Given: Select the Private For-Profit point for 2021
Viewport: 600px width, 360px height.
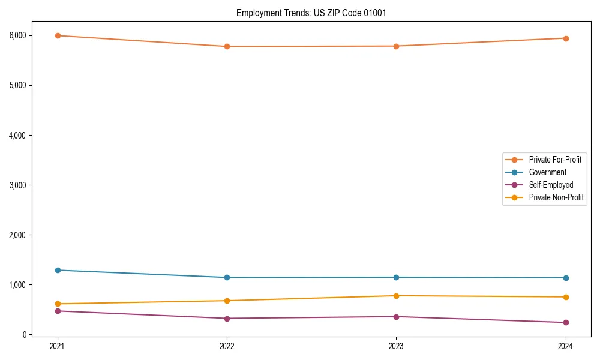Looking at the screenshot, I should click(58, 35).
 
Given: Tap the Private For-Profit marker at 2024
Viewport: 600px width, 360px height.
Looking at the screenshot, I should click(565, 38).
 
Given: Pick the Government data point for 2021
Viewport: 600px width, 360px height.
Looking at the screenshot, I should click(58, 270).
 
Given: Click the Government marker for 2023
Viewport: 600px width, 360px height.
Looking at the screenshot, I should click(396, 277).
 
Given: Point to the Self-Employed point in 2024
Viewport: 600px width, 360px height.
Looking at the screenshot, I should click(565, 322).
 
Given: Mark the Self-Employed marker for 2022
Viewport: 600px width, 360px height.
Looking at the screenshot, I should click(227, 319).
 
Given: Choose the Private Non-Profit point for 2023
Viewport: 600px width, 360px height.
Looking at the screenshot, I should click(396, 296).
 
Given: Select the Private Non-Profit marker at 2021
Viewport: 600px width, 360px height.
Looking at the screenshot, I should click(58, 304).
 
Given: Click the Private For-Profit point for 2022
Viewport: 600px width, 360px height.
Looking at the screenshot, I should click(227, 46).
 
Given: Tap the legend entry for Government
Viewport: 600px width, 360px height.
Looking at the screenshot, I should click(547, 172).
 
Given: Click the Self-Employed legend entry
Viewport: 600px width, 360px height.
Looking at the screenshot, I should click(551, 185).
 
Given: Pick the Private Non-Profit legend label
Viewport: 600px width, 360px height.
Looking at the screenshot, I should click(556, 197).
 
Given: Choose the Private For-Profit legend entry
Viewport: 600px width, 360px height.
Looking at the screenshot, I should click(555, 160).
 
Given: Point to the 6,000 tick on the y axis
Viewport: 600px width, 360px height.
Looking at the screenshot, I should click(18, 35).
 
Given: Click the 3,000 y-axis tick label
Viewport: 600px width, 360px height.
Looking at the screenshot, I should click(18, 185).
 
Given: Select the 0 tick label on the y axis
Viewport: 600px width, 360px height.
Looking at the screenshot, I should click(25, 335).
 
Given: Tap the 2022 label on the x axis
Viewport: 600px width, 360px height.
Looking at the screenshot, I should click(227, 346).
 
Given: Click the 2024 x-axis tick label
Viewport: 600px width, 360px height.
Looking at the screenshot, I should click(565, 346).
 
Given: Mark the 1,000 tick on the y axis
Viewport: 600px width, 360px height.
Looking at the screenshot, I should click(18, 285).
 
